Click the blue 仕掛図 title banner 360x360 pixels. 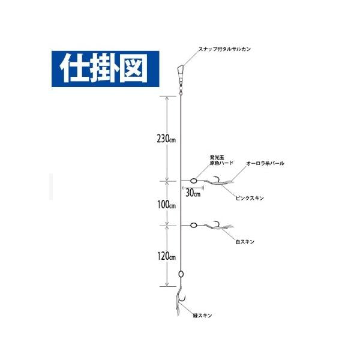pyautogui.click(x=106, y=69)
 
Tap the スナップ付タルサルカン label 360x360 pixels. pyautogui.click(x=224, y=49)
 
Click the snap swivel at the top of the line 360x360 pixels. pyautogui.click(x=181, y=80)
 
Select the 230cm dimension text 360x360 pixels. pyautogui.click(x=166, y=139)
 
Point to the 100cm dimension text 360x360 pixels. pyautogui.click(x=166, y=205)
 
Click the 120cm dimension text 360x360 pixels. pyautogui.click(x=166, y=256)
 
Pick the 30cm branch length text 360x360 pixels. pyautogui.click(x=193, y=193)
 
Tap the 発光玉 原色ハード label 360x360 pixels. pyautogui.click(x=221, y=160)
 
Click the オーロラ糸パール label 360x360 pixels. pyautogui.click(x=265, y=163)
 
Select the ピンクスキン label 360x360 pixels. pyautogui.click(x=250, y=198)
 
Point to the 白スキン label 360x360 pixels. pyautogui.click(x=245, y=242)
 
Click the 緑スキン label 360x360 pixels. pyautogui.click(x=203, y=316)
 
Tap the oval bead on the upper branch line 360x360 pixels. pyautogui.click(x=194, y=181)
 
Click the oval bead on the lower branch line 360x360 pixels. pyautogui.click(x=194, y=225)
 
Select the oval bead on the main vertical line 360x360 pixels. pyautogui.click(x=181, y=274)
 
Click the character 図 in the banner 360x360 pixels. pyautogui.click(x=134, y=68)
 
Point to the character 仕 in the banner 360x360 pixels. pyautogui.click(x=73, y=68)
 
